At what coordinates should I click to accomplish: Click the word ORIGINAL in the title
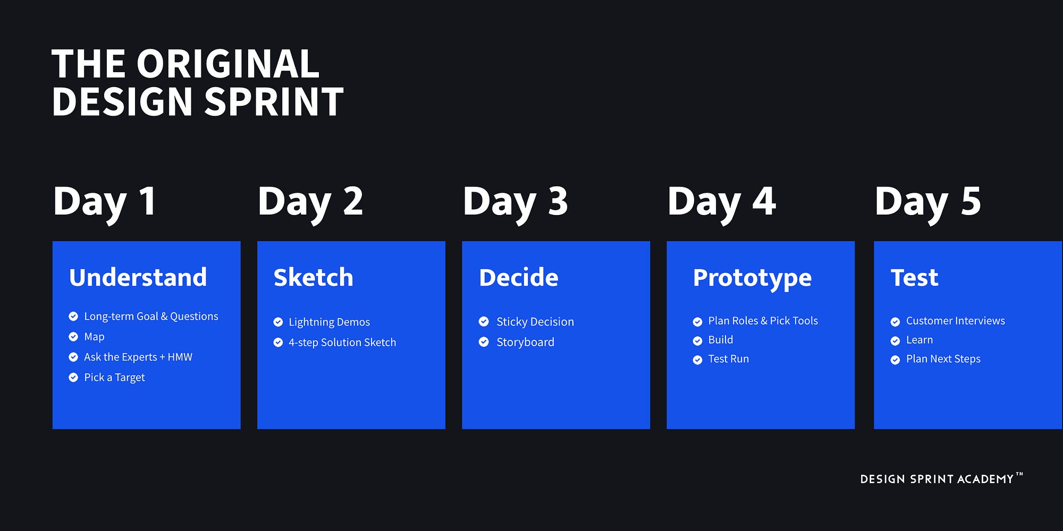coord(228,64)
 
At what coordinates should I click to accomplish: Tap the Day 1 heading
coord(105,202)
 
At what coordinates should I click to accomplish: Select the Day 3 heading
coord(515,202)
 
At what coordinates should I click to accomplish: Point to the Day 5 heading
coord(927,202)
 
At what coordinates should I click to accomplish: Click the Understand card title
coord(138,278)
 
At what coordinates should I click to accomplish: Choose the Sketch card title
coord(313,278)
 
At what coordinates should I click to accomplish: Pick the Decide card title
coord(518,278)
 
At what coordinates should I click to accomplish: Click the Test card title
coord(914,278)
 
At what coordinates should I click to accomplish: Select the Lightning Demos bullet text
coord(329,322)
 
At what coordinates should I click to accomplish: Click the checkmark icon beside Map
coord(73,337)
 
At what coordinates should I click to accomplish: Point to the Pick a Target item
coord(114,378)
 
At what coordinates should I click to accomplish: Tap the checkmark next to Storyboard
coord(484,342)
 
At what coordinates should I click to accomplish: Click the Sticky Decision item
coord(535,322)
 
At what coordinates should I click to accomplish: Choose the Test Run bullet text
coord(728,359)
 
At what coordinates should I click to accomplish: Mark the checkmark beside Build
coord(697,340)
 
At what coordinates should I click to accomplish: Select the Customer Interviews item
coord(955,321)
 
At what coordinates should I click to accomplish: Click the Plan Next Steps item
coord(943,359)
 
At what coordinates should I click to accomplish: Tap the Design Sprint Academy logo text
coord(937,479)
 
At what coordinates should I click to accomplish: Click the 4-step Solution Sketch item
coord(342,342)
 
